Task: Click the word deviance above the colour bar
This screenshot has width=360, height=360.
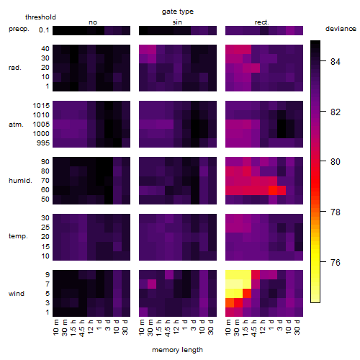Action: tap(341, 29)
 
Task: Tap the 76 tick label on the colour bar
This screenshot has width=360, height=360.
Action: tap(336, 262)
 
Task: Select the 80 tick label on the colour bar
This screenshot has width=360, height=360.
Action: tap(336, 162)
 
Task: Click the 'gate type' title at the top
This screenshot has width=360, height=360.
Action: tap(178, 12)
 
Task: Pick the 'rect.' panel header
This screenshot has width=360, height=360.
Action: tap(262, 22)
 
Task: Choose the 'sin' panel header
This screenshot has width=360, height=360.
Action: tap(177, 22)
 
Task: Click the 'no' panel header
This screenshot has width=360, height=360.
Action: tap(93, 22)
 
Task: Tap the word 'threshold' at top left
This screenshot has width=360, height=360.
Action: tap(40, 17)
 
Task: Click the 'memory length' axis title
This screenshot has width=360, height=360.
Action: tap(177, 350)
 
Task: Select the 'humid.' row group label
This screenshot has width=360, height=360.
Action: tap(20, 181)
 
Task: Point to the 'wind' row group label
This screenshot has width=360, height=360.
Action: tap(17, 294)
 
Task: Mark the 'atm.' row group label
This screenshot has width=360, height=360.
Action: tap(16, 125)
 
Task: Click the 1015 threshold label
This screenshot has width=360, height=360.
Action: tap(41, 106)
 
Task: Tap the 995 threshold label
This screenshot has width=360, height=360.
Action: tap(43, 143)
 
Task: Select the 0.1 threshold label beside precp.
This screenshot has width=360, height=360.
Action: tap(44, 30)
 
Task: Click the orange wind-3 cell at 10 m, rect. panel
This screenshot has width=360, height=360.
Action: tap(230, 303)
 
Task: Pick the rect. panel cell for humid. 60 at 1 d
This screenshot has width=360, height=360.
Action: tap(273, 190)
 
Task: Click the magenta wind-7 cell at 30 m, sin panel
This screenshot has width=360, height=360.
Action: tap(152, 284)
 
